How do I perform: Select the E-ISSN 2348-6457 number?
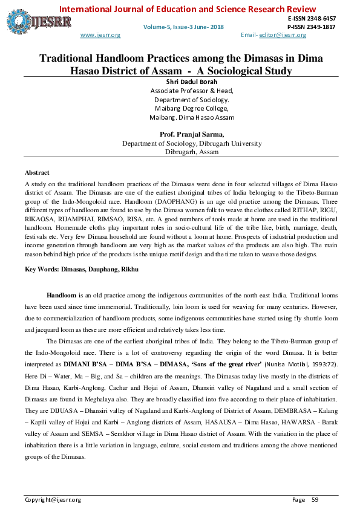[312, 19]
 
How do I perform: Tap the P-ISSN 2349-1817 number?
[312, 27]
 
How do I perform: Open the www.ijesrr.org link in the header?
[100, 35]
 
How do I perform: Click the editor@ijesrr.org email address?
[282, 35]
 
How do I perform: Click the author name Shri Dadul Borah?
[191, 82]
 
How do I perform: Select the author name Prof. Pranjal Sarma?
[192, 135]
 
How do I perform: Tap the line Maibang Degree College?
[191, 108]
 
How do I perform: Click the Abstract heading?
[37, 173]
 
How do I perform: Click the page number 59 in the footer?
[315, 499]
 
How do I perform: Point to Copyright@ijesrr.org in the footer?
[53, 499]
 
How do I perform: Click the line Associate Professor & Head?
[191, 91]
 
